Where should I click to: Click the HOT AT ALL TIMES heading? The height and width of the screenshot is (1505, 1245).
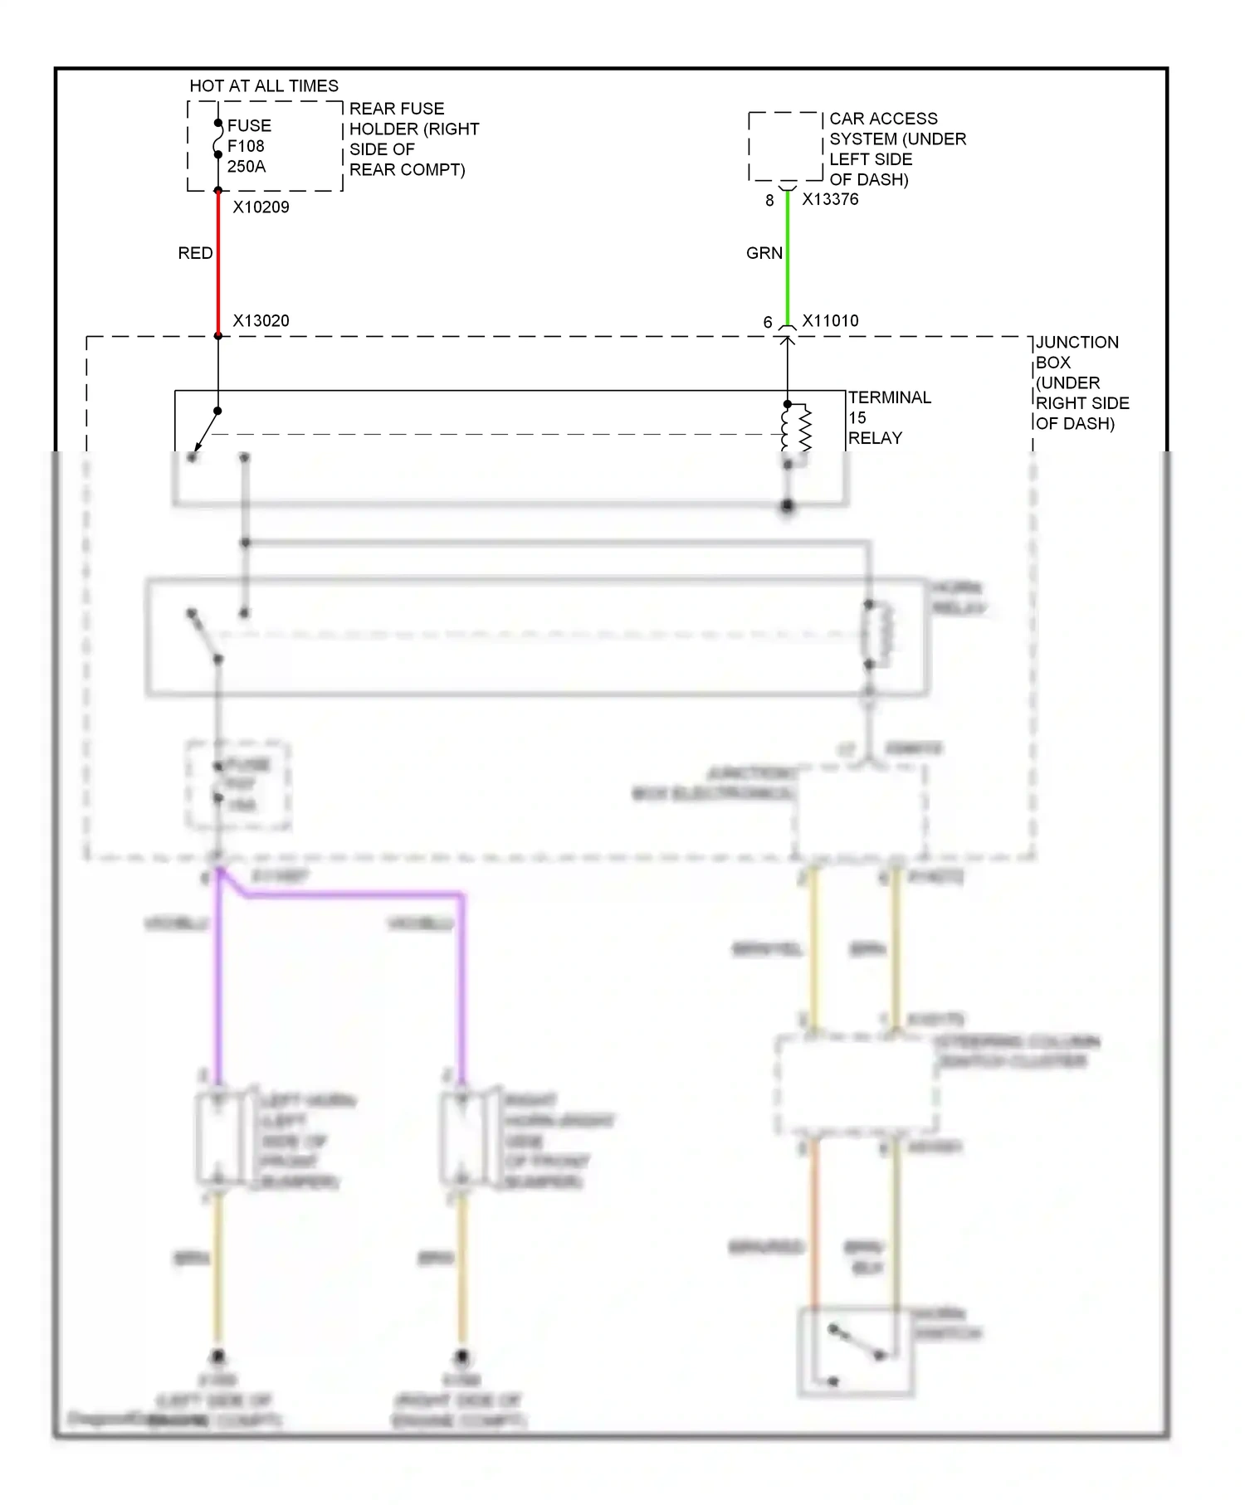264,85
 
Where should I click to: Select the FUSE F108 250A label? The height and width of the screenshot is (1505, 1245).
247,146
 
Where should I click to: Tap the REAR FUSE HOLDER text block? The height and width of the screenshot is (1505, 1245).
413,139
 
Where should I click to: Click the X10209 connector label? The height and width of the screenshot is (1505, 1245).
261,207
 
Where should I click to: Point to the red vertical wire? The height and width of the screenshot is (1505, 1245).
218,265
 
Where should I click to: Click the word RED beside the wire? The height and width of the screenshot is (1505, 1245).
195,253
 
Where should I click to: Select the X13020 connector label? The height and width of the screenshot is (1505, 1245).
261,321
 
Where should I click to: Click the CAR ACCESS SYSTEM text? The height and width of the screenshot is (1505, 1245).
896,149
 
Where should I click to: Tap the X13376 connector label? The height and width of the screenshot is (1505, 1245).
830,200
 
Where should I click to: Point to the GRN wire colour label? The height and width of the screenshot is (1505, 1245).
764,253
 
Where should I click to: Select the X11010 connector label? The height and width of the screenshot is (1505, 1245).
830,321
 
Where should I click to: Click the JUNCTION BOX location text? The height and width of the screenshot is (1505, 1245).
1081,382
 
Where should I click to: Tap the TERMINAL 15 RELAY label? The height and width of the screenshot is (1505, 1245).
888,417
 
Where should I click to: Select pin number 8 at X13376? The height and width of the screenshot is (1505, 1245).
769,201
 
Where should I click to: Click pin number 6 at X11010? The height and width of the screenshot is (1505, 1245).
768,322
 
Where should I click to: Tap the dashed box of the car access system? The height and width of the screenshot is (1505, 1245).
785,147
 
